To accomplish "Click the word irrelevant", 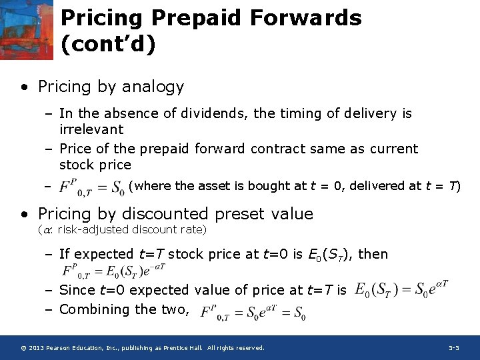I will click(91, 129).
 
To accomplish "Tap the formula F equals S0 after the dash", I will click(91, 188).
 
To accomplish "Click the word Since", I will click(75, 290).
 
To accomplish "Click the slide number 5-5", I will click(453, 348).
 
